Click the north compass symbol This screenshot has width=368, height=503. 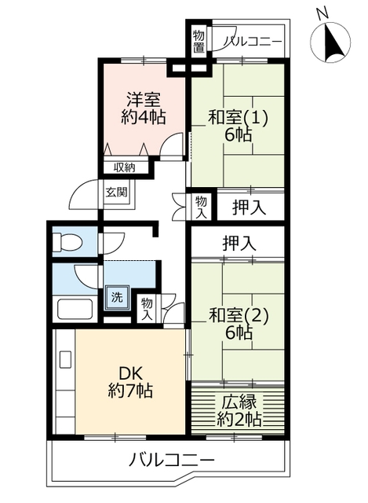330,42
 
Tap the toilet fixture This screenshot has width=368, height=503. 67,241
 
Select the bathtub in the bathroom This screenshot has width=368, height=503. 75,309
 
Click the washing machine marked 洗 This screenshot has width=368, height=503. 117,297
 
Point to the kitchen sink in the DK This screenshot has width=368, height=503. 66,359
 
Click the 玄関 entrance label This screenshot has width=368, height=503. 117,192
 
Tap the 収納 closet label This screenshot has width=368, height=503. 125,167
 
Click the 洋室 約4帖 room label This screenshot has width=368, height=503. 143,108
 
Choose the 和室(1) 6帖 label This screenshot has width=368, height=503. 238,126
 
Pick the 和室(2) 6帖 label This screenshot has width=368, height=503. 238,325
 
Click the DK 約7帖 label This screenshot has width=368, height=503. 130,382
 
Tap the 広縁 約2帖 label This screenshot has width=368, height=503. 239,410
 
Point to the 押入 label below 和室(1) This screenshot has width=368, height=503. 249,207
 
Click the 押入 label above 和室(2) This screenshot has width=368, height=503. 239,244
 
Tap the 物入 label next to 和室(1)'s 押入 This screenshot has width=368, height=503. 201,207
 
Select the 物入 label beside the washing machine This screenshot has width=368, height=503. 147,308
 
